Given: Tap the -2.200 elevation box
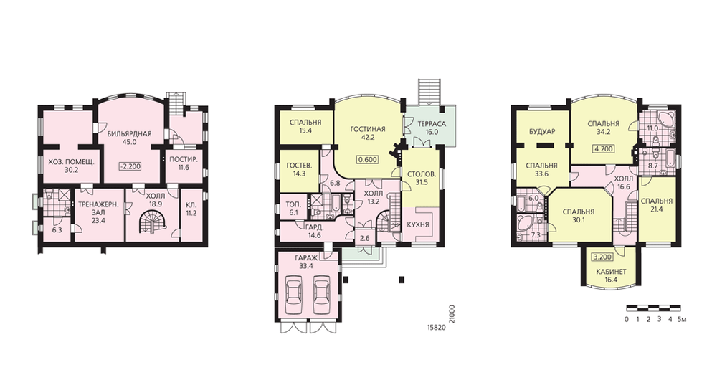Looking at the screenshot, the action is tap(130, 166).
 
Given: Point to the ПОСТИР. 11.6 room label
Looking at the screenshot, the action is tap(184, 163).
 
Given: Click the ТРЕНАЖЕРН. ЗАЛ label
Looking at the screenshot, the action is tap(98, 209).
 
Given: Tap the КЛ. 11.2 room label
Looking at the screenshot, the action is tap(191, 209).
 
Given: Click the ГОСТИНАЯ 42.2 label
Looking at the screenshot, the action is tap(368, 133).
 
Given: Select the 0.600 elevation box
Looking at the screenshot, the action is tap(368, 160).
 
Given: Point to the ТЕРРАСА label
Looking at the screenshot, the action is tap(432, 124).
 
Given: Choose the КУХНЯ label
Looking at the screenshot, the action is tap(418, 224).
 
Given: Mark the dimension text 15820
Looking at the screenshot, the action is tap(436, 327).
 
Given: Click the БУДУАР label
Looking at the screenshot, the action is tap(542, 132).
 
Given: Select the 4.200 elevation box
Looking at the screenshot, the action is tap(604, 148).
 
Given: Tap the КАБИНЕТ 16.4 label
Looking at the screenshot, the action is tap(612, 275).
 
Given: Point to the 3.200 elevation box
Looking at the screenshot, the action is tap(602, 257).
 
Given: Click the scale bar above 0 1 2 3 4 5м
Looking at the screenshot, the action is tap(653, 308).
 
